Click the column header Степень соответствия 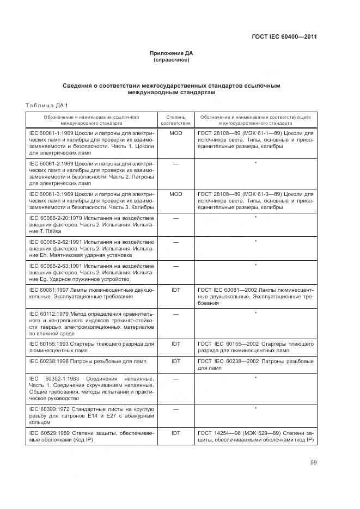click(x=175, y=120)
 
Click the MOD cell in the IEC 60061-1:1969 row click(x=175, y=133)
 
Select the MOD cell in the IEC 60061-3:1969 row click(x=175, y=194)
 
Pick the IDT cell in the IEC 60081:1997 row click(x=175, y=290)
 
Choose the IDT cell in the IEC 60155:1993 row click(x=175, y=344)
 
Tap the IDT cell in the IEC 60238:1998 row click(x=175, y=361)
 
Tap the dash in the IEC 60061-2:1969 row click(x=175, y=163)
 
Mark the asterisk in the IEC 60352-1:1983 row click(x=255, y=377)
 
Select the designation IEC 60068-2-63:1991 click(x=54, y=266)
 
